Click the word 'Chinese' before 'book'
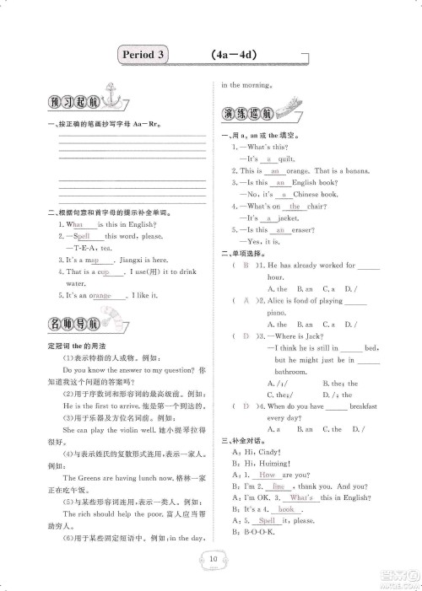click(303, 194)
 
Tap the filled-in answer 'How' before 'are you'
click(269, 475)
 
